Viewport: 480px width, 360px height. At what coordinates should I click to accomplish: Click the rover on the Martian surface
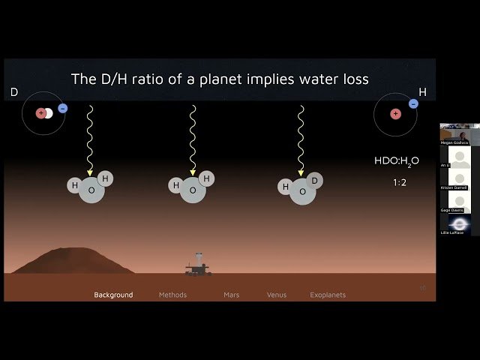pyautogui.click(x=199, y=265)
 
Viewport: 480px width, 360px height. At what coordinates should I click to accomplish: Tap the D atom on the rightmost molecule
pyautogui.click(x=316, y=181)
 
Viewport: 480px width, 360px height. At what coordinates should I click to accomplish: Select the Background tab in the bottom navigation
pyautogui.click(x=113, y=295)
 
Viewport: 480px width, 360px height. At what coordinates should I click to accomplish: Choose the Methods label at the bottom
pyautogui.click(x=172, y=295)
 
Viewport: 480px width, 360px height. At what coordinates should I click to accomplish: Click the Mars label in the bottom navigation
pyautogui.click(x=232, y=295)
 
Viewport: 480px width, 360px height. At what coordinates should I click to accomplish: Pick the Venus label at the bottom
pyautogui.click(x=277, y=295)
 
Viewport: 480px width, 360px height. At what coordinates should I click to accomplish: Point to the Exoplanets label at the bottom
pyautogui.click(x=328, y=295)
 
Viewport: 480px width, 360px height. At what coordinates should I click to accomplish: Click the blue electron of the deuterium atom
pyautogui.click(x=62, y=108)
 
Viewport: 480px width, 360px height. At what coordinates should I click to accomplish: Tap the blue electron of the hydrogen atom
pyautogui.click(x=413, y=103)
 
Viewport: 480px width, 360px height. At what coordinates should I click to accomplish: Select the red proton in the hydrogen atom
pyautogui.click(x=395, y=114)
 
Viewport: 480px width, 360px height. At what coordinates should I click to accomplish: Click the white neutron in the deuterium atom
pyautogui.click(x=49, y=113)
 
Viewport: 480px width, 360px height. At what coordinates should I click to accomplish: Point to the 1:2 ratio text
pyautogui.click(x=399, y=182)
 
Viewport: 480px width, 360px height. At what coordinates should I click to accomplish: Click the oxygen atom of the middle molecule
pyautogui.click(x=192, y=190)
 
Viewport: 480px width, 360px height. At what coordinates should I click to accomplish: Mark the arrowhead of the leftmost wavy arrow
pyautogui.click(x=90, y=172)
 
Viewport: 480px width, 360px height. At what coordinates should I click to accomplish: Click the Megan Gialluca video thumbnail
pyautogui.click(x=454, y=134)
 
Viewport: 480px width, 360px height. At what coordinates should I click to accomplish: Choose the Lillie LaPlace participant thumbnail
pyautogui.click(x=455, y=225)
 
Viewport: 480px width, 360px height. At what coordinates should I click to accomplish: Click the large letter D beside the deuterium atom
pyautogui.click(x=13, y=92)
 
